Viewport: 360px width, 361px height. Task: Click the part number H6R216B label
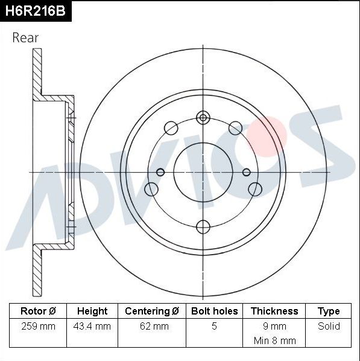point(36,11)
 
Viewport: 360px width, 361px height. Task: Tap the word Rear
point(25,37)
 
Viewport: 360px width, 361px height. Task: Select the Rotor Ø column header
point(37,311)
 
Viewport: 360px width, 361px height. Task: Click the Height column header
point(92,311)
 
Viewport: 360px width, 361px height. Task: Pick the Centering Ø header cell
point(152,311)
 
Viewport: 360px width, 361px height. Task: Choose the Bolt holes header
point(214,311)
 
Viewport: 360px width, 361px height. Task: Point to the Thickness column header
point(274,311)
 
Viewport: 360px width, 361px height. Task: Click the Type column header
point(329,311)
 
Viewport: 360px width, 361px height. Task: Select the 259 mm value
point(37,326)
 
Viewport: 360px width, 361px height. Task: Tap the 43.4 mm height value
point(92,326)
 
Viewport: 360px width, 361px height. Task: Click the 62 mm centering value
point(152,326)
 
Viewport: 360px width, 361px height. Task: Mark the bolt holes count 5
point(214,326)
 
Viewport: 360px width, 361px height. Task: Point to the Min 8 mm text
point(274,340)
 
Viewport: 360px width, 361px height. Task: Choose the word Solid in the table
point(329,326)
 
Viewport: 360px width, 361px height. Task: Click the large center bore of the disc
point(203,172)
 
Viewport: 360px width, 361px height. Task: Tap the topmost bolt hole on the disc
point(203,118)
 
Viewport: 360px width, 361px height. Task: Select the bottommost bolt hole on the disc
point(203,226)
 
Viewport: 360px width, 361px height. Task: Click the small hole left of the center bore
point(160,172)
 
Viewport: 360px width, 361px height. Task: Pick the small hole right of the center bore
point(246,172)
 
